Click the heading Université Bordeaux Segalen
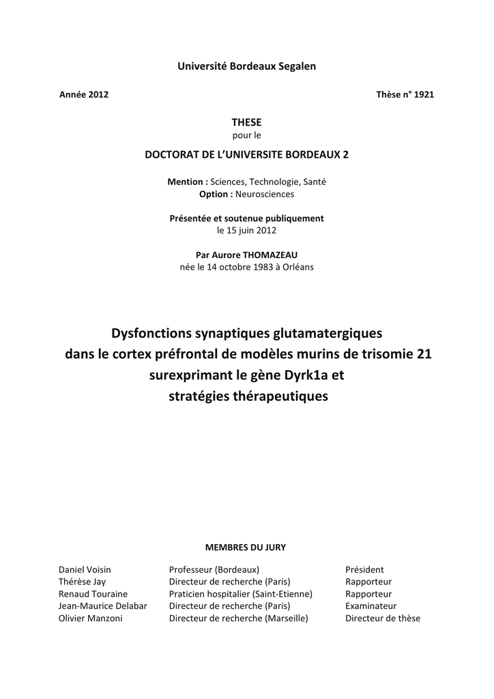(247, 66)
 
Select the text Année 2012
(85, 95)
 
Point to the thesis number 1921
(423, 95)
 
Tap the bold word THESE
(247, 122)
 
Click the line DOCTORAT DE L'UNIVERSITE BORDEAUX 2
(247, 154)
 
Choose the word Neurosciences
(265, 194)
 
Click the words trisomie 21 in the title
(398, 354)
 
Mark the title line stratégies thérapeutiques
(248, 396)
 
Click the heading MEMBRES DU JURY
(246, 547)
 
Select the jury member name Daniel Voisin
(85, 569)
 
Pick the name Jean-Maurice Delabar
(103, 606)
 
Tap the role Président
(364, 569)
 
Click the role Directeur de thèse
(383, 618)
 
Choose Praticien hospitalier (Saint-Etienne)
(241, 594)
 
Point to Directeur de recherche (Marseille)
(239, 618)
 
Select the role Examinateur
(370, 606)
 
